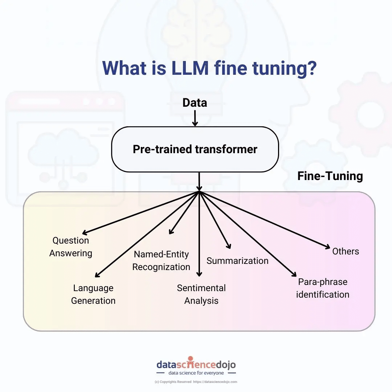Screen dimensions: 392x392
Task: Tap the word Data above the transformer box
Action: pyautogui.click(x=195, y=103)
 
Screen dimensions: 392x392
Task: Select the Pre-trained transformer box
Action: pyautogui.click(x=195, y=149)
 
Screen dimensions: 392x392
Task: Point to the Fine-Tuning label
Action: pyautogui.click(x=330, y=176)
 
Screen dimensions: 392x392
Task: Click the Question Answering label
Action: pyautogui.click(x=71, y=247)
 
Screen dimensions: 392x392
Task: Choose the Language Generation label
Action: pyautogui.click(x=93, y=294)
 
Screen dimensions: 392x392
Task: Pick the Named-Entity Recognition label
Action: pyautogui.click(x=161, y=261)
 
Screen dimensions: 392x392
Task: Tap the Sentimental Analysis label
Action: pyautogui.click(x=201, y=294)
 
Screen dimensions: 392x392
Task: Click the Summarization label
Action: pyautogui.click(x=237, y=261)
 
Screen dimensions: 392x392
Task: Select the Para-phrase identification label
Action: pyautogui.click(x=323, y=288)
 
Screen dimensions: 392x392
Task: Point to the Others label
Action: pyautogui.click(x=346, y=251)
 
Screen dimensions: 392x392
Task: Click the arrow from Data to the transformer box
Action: pyautogui.click(x=195, y=118)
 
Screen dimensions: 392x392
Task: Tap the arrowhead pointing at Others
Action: pyautogui.click(x=327, y=247)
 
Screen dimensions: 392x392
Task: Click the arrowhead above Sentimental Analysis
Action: pyautogui.click(x=199, y=274)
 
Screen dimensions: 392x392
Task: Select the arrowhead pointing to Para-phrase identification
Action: pyautogui.click(x=295, y=275)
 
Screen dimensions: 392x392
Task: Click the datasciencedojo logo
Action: pyautogui.click(x=196, y=364)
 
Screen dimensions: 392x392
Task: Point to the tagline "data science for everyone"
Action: pyautogui.click(x=196, y=373)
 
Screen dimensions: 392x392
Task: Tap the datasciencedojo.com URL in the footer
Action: pyautogui.click(x=215, y=382)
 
